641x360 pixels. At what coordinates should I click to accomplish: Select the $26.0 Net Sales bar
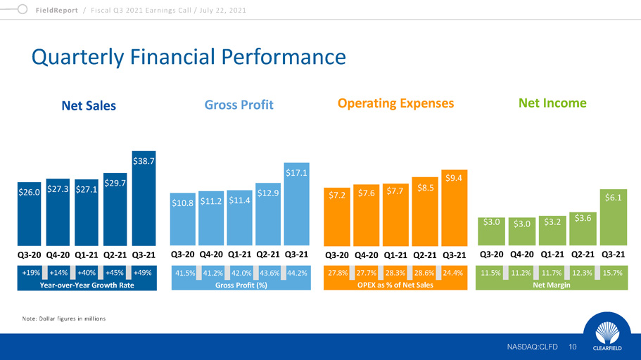29,211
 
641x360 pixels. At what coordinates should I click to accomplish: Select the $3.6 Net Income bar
582,228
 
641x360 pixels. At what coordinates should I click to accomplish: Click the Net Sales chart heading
89,106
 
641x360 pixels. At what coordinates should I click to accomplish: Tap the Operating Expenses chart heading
395,103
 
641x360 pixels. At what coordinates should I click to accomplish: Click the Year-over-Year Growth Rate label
87,285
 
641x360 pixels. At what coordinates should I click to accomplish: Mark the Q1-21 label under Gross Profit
240,254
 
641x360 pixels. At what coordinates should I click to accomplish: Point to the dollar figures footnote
63,319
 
